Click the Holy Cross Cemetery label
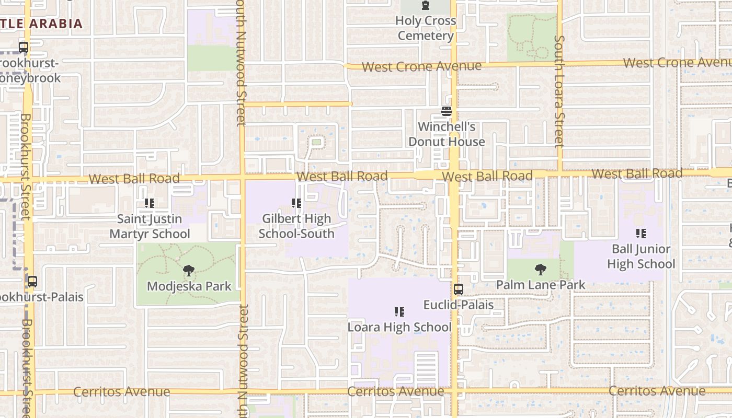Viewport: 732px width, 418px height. pyautogui.click(x=426, y=28)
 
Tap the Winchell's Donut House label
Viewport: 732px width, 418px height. pyautogui.click(x=447, y=134)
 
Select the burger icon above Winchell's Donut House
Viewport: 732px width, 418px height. pyautogui.click(x=446, y=111)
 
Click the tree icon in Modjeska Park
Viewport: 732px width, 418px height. pyautogui.click(x=189, y=271)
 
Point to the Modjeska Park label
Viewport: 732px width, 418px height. pyautogui.click(x=189, y=286)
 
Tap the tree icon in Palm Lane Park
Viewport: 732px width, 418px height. pyautogui.click(x=541, y=270)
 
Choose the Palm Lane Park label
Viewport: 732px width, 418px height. pyautogui.click(x=541, y=285)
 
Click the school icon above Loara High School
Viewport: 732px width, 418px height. pyautogui.click(x=399, y=312)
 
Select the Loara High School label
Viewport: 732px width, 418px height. pyautogui.click(x=399, y=327)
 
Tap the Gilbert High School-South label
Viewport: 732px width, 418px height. pyautogui.click(x=296, y=226)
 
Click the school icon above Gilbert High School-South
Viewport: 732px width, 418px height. pyautogui.click(x=296, y=203)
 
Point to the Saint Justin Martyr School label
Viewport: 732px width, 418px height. pyautogui.click(x=150, y=226)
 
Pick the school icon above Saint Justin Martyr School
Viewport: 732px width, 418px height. pyautogui.click(x=150, y=203)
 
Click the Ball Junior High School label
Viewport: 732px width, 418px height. pyautogui.click(x=641, y=257)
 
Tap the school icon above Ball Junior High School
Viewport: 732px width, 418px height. pyautogui.click(x=641, y=234)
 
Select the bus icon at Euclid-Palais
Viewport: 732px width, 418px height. pyautogui.click(x=459, y=289)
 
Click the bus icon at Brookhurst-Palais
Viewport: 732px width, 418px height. pyautogui.click(x=32, y=282)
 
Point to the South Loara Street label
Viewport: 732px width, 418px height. pyautogui.click(x=559, y=91)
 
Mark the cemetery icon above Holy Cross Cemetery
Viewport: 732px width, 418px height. pyautogui.click(x=426, y=6)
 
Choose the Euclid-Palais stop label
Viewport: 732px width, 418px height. pyautogui.click(x=459, y=304)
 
